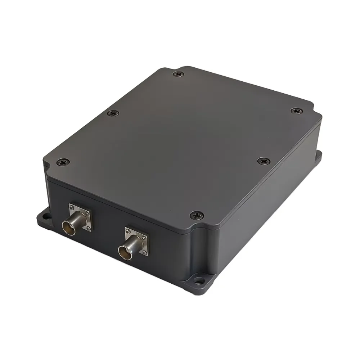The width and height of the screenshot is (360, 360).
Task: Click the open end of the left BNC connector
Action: coord(68,228)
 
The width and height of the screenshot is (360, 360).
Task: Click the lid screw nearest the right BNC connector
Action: coord(197,215)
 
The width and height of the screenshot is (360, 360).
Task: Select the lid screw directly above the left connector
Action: coord(63,162)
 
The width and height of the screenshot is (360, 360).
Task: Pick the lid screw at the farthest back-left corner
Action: coord(177,74)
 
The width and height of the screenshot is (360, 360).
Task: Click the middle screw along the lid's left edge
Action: coord(113,113)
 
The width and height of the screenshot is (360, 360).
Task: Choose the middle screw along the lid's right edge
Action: coord(263,161)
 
